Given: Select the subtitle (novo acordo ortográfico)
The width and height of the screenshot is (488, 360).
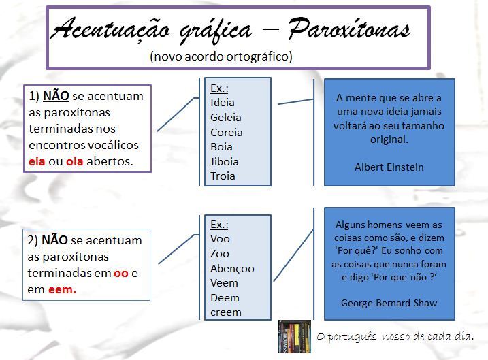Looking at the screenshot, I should click(x=221, y=56).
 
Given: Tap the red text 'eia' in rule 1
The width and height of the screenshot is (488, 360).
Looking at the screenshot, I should click(x=37, y=161).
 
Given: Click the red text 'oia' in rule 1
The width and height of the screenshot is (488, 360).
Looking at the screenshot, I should click(x=74, y=161).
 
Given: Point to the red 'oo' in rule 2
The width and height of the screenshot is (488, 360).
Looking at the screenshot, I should click(x=121, y=273).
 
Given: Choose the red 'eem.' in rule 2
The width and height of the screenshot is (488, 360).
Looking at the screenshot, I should click(x=63, y=289).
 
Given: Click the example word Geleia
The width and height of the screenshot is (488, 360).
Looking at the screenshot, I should click(x=226, y=117).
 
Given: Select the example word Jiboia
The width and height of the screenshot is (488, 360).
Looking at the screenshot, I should click(x=225, y=161).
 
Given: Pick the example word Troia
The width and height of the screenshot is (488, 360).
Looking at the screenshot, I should click(x=223, y=176).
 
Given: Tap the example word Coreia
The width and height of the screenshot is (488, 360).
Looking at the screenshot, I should click(x=227, y=132).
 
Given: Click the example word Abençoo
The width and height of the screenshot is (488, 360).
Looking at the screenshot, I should click(x=232, y=268).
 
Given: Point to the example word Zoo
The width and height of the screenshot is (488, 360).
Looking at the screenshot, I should click(x=220, y=253).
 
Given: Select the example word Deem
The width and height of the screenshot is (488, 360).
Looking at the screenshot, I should click(x=225, y=297).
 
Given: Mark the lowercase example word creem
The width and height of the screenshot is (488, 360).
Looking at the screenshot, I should click(x=226, y=312).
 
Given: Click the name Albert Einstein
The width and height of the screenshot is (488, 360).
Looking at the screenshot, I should click(x=389, y=167).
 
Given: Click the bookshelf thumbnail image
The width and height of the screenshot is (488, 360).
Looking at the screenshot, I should click(x=294, y=336).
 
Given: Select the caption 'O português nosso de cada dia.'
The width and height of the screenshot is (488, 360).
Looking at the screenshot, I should click(x=395, y=336).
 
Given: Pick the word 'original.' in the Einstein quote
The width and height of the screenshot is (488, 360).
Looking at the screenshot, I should click(x=389, y=139).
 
